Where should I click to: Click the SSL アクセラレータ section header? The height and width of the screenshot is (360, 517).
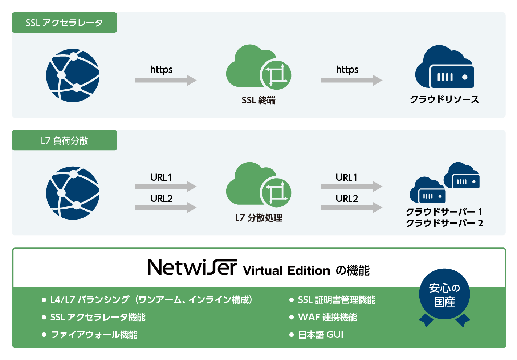point(64,23)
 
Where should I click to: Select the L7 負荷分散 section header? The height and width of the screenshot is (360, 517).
point(64,140)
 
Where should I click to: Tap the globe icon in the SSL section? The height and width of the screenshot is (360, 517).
point(73,75)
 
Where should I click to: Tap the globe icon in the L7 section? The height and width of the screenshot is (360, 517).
point(73,193)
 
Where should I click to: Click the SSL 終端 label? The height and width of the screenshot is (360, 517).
point(258,100)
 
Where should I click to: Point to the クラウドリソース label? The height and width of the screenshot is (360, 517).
point(444,99)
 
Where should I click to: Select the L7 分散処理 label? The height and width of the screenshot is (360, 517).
point(258,218)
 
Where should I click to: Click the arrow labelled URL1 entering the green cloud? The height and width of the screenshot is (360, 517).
point(165,187)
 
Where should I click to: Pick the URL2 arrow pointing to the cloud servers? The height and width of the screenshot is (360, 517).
point(351,208)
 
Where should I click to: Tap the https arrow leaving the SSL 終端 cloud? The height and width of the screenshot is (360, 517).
point(351,80)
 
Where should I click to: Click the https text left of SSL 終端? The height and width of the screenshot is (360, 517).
point(162,69)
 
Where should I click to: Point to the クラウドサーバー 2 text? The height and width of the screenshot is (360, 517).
point(444,223)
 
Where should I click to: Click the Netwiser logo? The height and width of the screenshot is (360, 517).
point(192,267)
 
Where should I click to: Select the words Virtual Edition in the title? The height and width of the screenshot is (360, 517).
point(286,271)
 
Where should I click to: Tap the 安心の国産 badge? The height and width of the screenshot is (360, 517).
point(444,295)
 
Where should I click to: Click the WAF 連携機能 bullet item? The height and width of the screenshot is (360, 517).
point(327,318)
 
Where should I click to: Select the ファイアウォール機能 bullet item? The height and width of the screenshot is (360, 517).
point(94,335)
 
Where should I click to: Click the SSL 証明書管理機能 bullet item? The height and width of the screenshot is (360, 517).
point(336,300)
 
